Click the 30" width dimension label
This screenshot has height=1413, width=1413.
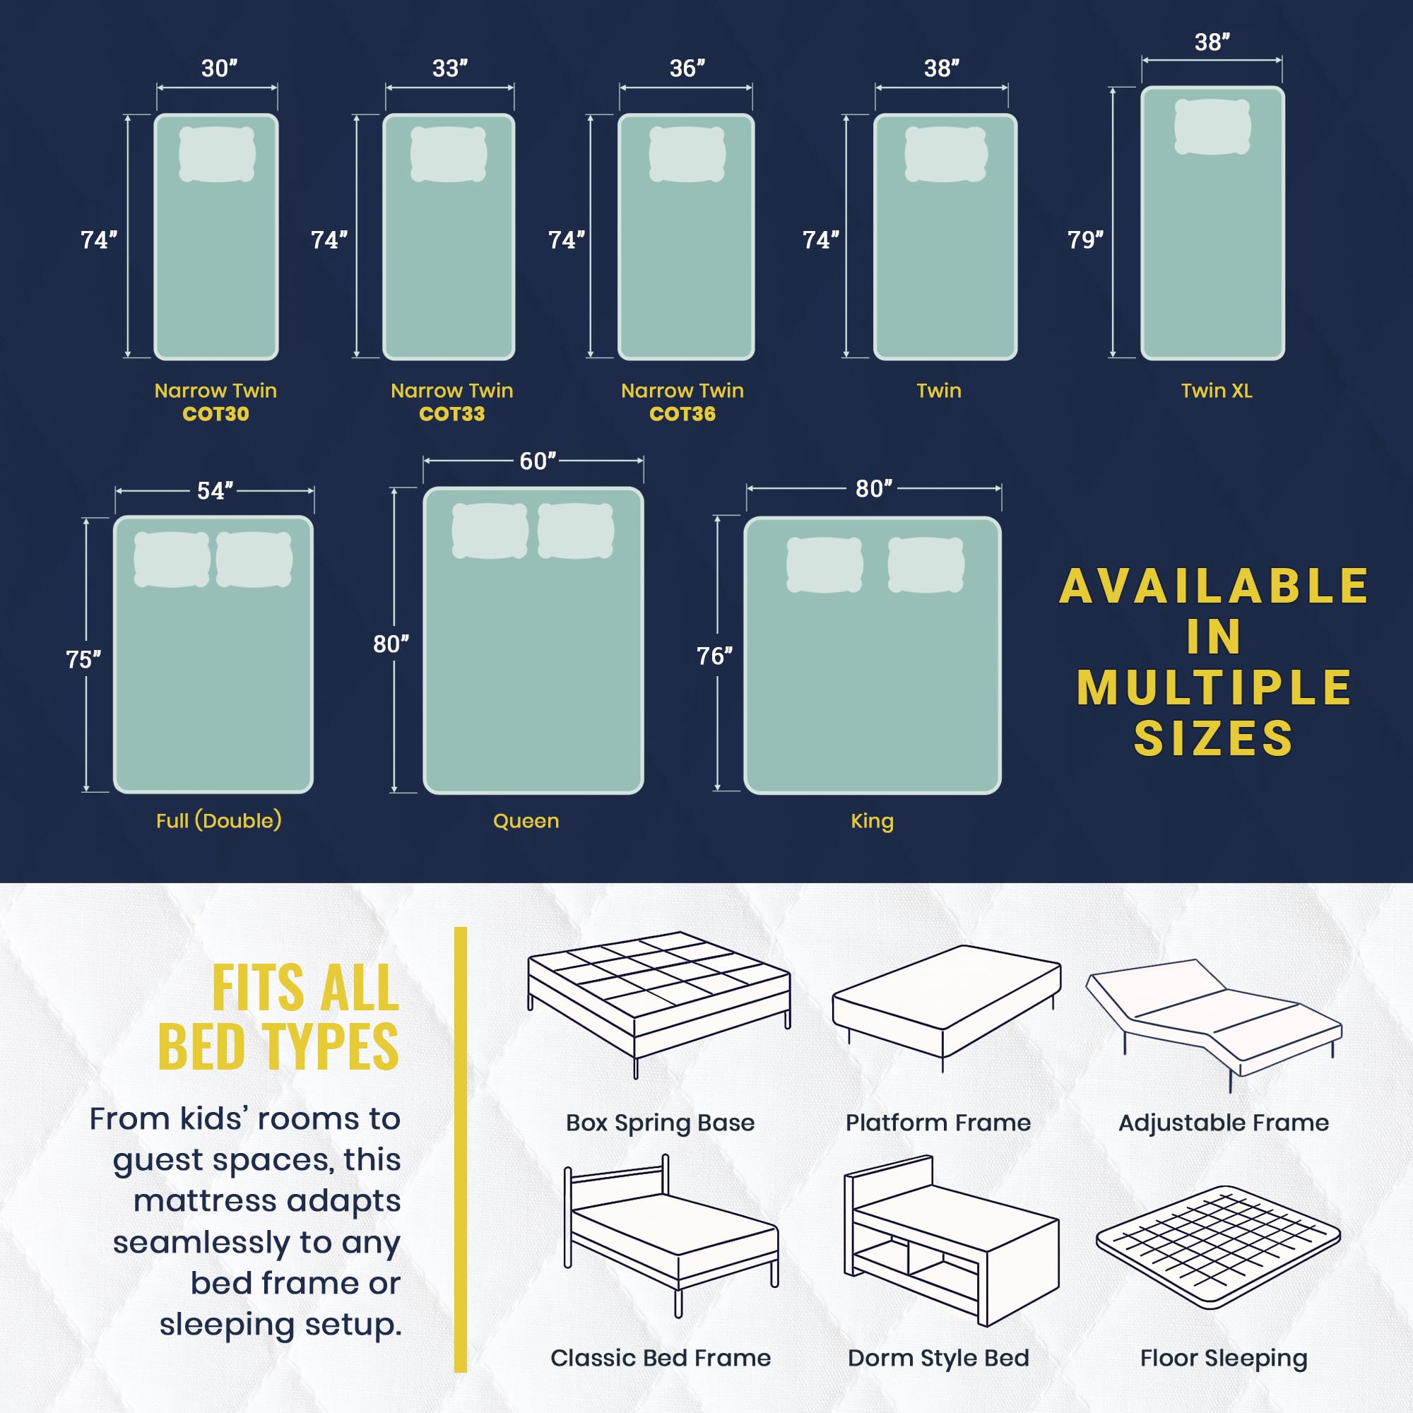tap(219, 68)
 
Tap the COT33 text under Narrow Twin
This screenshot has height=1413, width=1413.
tap(451, 414)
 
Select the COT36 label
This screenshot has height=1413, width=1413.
tap(682, 414)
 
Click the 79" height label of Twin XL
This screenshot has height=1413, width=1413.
tap(1084, 240)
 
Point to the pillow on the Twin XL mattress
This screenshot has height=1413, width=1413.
tap(1212, 126)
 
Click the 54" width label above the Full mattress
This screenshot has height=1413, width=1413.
tap(214, 491)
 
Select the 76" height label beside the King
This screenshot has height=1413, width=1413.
tap(714, 656)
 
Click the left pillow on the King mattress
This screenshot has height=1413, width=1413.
tap(824, 564)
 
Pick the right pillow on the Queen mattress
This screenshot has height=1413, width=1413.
tap(575, 531)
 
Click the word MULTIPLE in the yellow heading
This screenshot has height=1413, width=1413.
tap(1214, 688)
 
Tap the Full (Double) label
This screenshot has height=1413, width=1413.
tap(219, 820)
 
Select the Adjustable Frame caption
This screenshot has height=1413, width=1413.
tap(1223, 1123)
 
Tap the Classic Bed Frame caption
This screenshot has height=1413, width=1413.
tap(661, 1358)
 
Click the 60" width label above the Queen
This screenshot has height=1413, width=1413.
tap(537, 461)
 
